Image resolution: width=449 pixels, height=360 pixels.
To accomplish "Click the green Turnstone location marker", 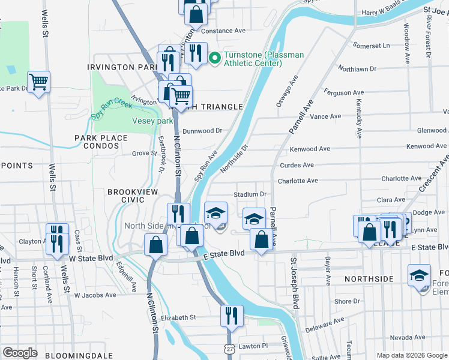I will click(x=215, y=58).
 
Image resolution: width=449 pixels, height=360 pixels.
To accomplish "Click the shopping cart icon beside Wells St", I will click(x=38, y=81).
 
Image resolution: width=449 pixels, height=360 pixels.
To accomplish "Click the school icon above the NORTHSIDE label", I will click(x=419, y=275).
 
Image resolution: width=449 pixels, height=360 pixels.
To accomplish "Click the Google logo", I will click(x=20, y=352).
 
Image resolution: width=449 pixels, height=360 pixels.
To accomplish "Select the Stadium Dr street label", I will click(x=250, y=194).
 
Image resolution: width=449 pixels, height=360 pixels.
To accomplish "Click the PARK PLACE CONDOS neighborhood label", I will click(x=101, y=142).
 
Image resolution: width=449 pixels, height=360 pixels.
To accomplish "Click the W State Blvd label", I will click(x=91, y=258).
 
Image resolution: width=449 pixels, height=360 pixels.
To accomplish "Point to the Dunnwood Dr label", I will click(x=202, y=130).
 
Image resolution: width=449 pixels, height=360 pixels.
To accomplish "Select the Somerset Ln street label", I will click(x=371, y=46).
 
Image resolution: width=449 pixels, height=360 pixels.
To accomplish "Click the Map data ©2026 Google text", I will click(x=411, y=355).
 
